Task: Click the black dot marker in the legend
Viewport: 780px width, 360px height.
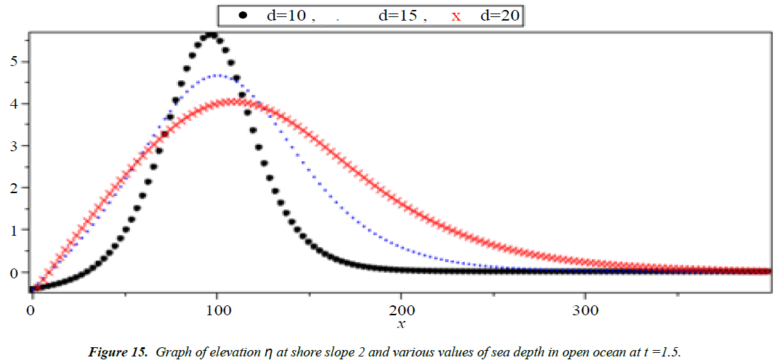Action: pyautogui.click(x=243, y=15)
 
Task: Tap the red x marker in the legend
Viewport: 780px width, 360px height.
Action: pyautogui.click(x=456, y=16)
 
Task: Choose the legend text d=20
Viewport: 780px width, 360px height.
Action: pyautogui.click(x=500, y=15)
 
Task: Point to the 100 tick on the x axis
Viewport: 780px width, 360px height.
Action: pyautogui.click(x=217, y=310)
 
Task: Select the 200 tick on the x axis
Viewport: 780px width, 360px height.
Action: pyautogui.click(x=402, y=310)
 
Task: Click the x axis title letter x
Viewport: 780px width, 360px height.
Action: pyautogui.click(x=402, y=324)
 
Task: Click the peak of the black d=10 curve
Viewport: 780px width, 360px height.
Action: pyautogui.click(x=211, y=35)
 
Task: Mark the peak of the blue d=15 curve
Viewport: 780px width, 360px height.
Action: pyautogui.click(x=216, y=75)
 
